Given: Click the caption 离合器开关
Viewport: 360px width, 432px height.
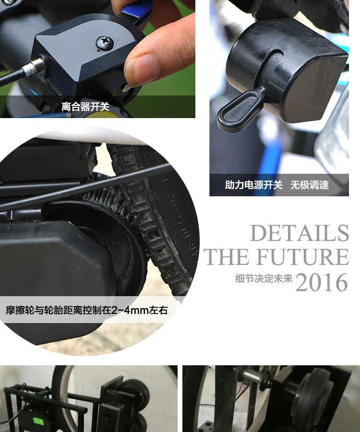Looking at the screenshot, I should pyautogui.click(x=85, y=107).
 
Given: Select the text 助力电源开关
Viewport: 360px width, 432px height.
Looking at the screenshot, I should pyautogui.click(x=254, y=185).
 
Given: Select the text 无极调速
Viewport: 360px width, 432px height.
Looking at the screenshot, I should pyautogui.click(x=309, y=185).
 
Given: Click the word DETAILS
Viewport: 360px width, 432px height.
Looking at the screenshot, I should pyautogui.click(x=300, y=234).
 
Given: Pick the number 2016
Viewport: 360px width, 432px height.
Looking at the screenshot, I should pyautogui.click(x=321, y=282).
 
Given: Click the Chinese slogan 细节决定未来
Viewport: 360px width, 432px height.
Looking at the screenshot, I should pyautogui.click(x=264, y=279).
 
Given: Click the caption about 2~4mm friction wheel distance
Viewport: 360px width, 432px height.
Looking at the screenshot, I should pyautogui.click(x=86, y=310).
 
